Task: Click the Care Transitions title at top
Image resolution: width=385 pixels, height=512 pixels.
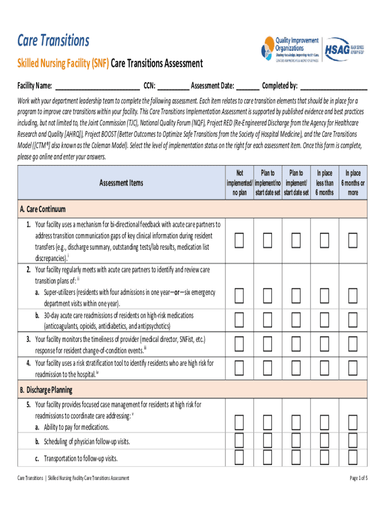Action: (53, 40)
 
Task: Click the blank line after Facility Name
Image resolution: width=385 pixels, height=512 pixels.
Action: (97, 85)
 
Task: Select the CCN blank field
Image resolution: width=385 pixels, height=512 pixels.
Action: (173, 85)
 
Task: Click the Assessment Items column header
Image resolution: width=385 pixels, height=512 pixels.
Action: (121, 183)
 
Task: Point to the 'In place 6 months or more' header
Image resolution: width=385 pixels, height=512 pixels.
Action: (352, 183)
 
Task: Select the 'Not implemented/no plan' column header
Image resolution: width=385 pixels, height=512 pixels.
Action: (239, 183)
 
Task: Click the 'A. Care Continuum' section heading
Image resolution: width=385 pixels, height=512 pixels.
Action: (42, 209)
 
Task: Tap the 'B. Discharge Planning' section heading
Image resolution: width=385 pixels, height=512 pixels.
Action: (46, 389)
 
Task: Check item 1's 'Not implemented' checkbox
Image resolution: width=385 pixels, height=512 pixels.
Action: (239, 241)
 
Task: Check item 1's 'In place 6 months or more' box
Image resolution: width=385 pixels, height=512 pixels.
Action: (353, 241)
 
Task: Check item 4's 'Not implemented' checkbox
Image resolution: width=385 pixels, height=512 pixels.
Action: (239, 368)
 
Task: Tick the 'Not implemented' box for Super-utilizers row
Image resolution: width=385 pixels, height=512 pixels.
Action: (239, 296)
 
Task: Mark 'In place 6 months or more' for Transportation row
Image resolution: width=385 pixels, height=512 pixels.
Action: (353, 457)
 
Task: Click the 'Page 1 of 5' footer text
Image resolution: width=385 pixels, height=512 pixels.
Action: (358, 478)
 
